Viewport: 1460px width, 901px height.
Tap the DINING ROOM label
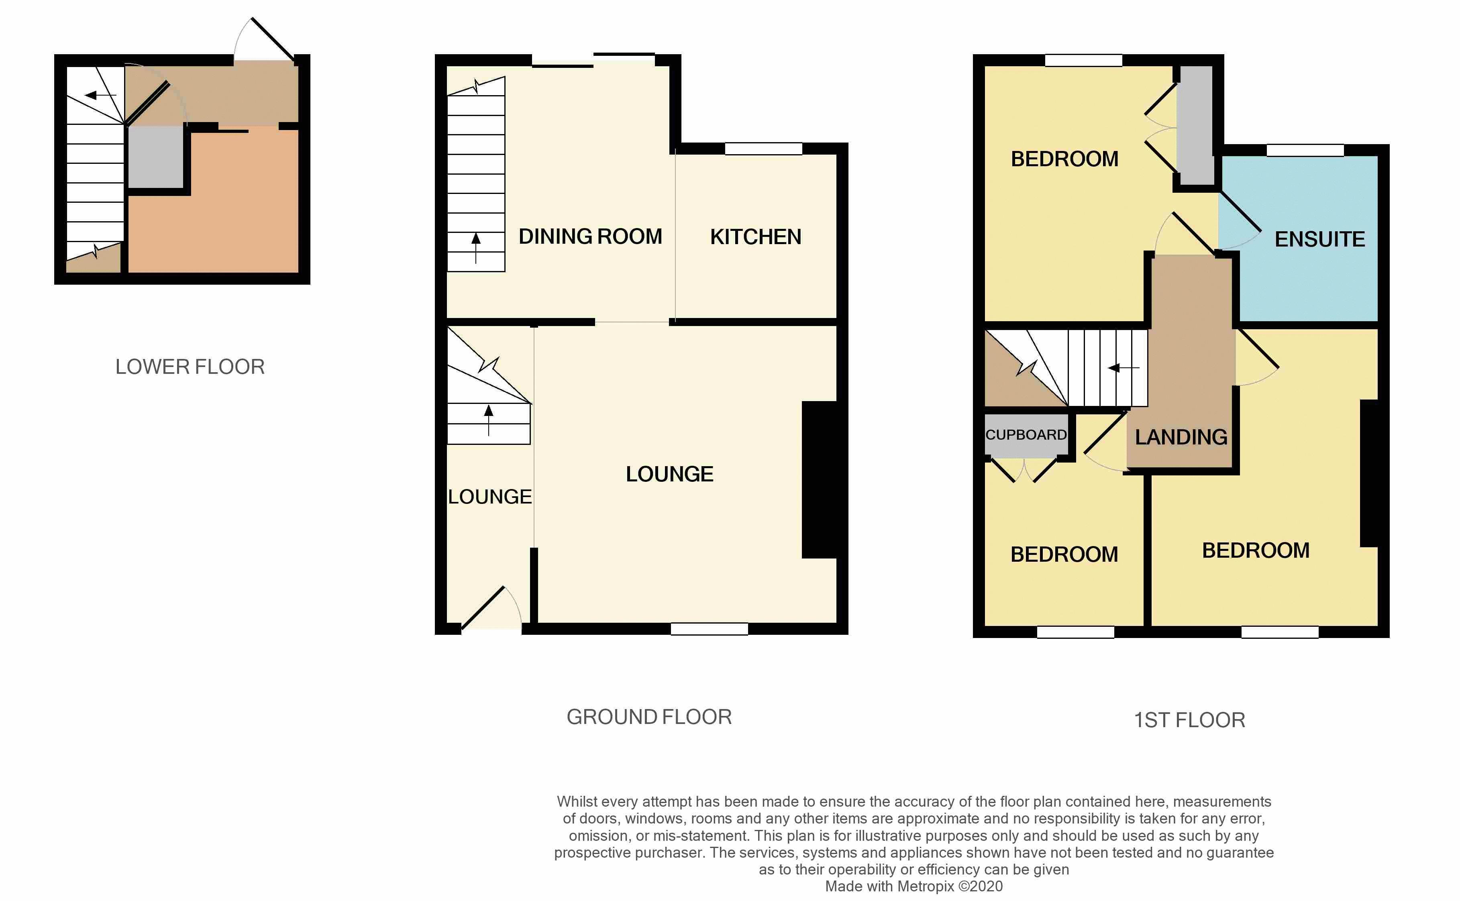point(590,236)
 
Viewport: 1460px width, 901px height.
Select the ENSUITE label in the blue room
point(1319,240)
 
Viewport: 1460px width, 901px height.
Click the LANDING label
point(1181,437)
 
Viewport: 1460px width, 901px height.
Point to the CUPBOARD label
point(1026,435)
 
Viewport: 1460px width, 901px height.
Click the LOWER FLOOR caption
point(190,367)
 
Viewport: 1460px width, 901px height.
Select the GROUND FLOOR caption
point(649,717)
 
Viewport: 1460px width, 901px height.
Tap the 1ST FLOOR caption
point(1189,720)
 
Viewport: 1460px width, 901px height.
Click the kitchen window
point(763,149)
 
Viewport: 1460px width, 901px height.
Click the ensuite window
point(1305,150)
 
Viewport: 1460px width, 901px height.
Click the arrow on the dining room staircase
point(475,246)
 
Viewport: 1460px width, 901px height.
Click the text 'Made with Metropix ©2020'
point(914,886)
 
